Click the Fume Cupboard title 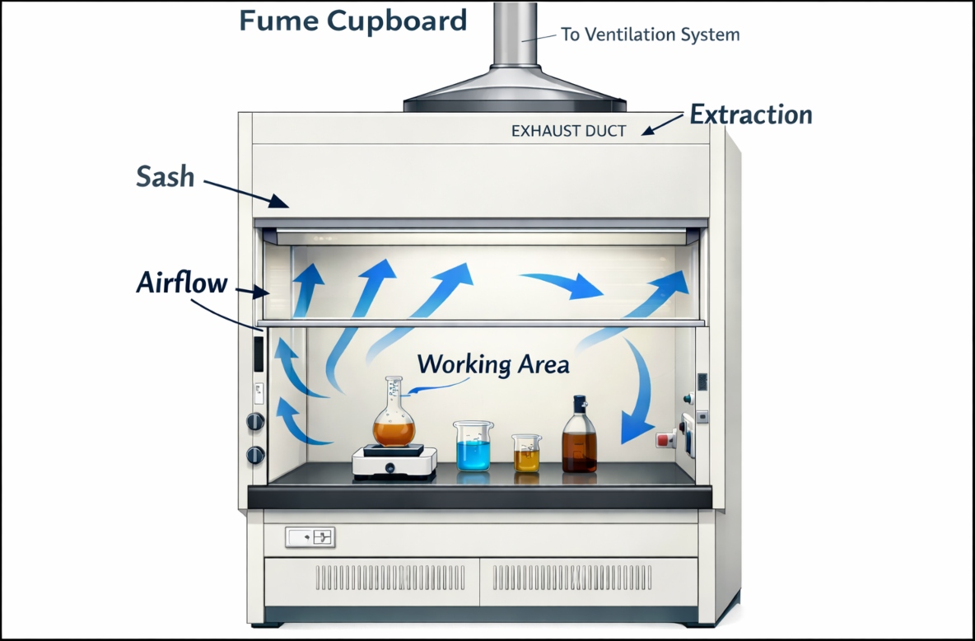click(x=353, y=21)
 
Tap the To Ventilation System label click(x=650, y=35)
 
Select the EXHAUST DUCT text click(x=568, y=130)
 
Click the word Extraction click(x=750, y=115)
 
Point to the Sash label click(x=165, y=176)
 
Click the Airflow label click(x=181, y=283)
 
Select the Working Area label click(x=492, y=363)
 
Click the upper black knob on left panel click(x=255, y=422)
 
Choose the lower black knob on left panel click(x=255, y=454)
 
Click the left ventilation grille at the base click(x=372, y=577)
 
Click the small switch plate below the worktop click(x=310, y=538)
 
